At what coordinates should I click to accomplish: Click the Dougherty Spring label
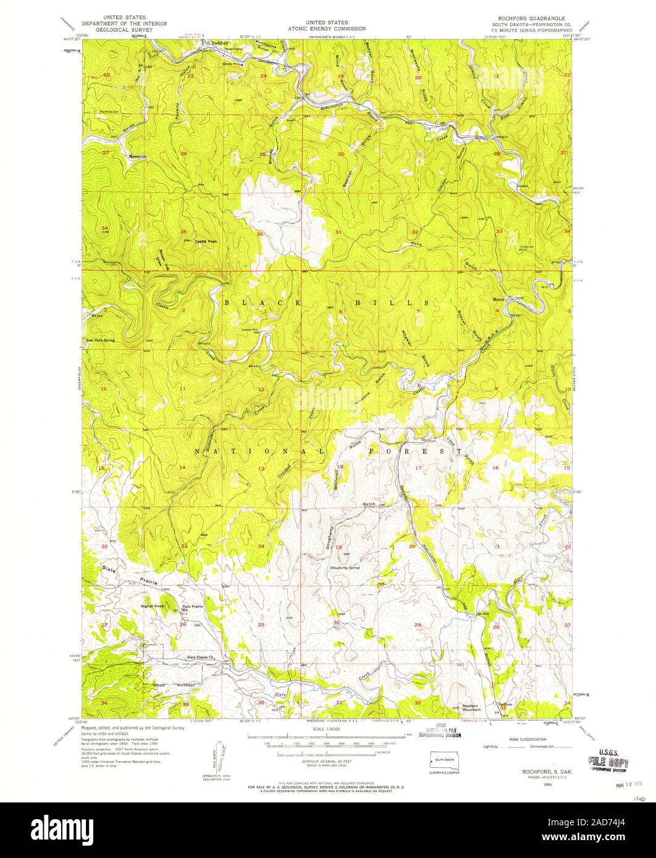pos(345,567)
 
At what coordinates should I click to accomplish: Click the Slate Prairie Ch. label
pos(200,657)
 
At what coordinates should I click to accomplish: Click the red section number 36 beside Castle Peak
pos(261,234)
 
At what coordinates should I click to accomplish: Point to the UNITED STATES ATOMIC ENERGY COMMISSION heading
pos(327,25)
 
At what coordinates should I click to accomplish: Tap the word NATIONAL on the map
pos(248,452)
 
